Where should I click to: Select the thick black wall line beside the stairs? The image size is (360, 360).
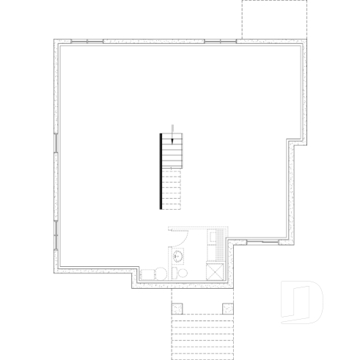(x=161, y=171)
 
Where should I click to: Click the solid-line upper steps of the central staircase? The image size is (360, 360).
(x=171, y=151)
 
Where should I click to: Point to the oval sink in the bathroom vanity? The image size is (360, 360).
(x=177, y=257)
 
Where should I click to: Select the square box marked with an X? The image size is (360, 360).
(x=216, y=271)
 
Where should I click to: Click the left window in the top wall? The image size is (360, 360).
(x=87, y=41)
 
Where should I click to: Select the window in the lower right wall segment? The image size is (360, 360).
(x=262, y=242)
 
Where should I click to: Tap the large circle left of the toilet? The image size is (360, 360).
(x=150, y=273)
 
